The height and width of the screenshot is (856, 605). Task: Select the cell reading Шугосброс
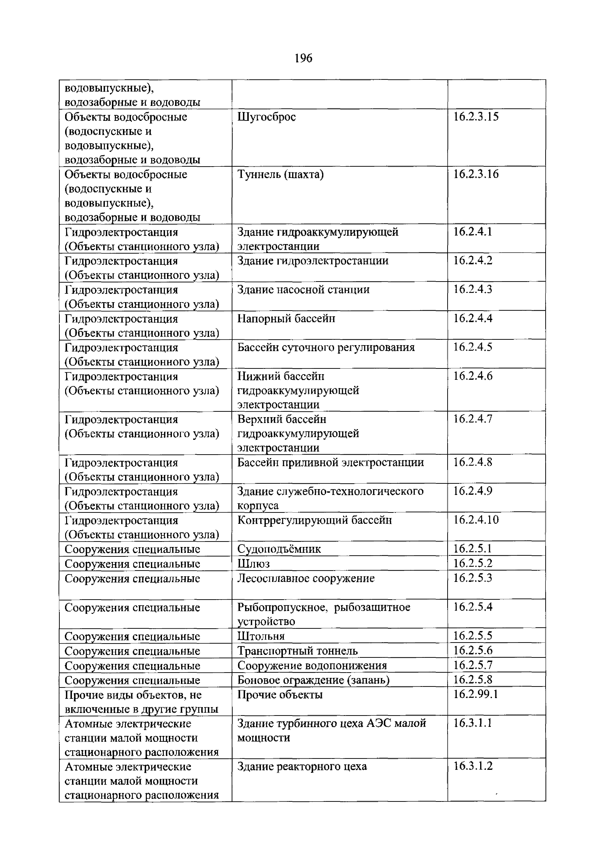click(x=266, y=117)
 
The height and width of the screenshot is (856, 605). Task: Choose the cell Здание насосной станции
click(x=303, y=290)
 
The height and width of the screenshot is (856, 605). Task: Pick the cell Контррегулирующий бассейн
click(x=314, y=520)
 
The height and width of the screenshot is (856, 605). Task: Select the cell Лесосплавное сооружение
click(x=306, y=578)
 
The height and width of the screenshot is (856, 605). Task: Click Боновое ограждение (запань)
click(x=313, y=680)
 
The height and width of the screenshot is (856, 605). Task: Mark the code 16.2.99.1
click(x=475, y=694)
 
